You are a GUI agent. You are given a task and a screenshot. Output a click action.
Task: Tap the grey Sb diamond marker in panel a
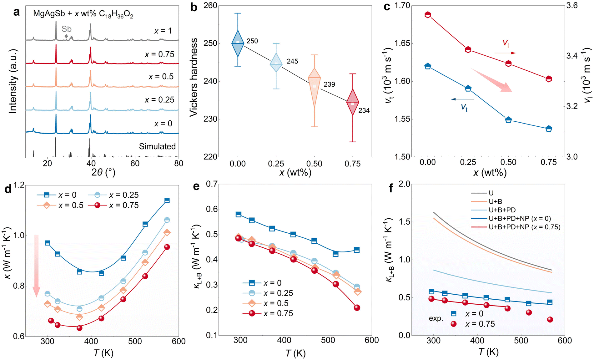66,36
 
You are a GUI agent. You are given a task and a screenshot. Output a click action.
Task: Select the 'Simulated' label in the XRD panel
157,146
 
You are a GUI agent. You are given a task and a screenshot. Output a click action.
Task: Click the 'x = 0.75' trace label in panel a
159,54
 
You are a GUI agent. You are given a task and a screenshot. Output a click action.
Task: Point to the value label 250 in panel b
252,41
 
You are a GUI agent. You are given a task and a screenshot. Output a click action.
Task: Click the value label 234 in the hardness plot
364,110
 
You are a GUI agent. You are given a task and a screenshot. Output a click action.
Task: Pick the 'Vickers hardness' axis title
194,77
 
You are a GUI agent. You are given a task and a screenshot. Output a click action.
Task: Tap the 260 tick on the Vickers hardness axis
210,6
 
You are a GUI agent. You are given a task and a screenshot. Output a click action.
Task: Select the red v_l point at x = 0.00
428,15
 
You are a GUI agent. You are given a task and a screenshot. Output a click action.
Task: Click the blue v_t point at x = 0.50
508,120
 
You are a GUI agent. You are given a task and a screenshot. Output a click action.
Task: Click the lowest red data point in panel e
357,308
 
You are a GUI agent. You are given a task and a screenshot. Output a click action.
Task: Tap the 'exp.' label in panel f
436,318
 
